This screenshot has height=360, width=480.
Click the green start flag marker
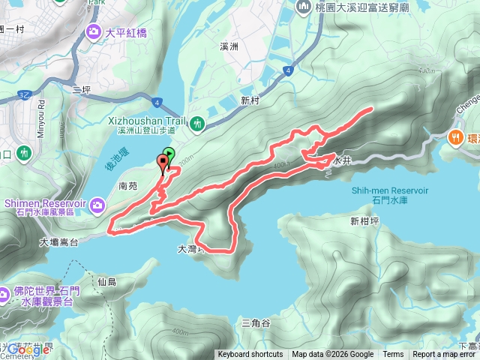168,156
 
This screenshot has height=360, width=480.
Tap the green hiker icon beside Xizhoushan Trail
197,122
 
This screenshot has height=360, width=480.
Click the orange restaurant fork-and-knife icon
454,137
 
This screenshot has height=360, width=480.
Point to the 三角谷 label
256,322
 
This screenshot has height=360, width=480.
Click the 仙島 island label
107,281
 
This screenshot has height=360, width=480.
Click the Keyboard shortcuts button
250,355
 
